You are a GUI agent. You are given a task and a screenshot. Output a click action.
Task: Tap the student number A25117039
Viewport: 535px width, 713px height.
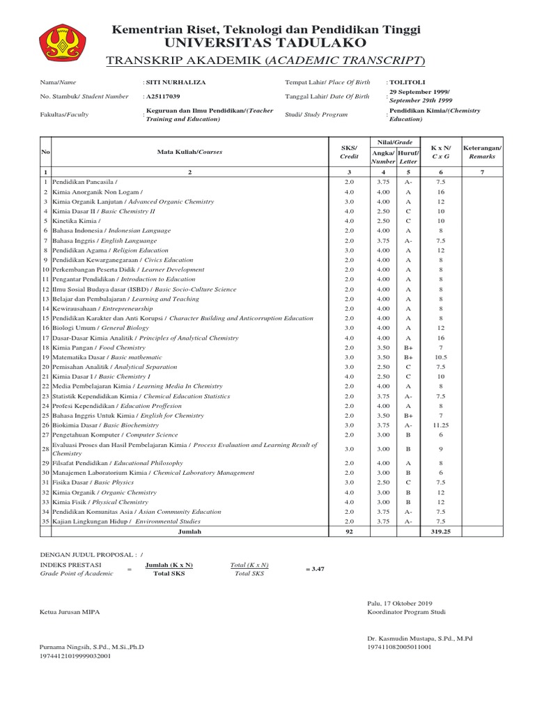(x=163, y=96)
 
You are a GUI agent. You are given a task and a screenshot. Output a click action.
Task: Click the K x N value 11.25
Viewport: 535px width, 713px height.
(x=440, y=424)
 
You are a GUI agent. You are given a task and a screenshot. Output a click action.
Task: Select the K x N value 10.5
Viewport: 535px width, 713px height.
(x=440, y=356)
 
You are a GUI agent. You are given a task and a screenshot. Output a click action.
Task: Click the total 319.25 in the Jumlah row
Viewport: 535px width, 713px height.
(x=440, y=531)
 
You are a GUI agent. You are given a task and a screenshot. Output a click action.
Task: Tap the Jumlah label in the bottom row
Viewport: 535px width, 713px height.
(x=189, y=531)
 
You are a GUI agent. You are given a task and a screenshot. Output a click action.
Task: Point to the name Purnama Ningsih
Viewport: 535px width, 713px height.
(x=92, y=647)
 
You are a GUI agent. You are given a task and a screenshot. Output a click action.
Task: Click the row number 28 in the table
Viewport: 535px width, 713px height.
(x=45, y=448)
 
